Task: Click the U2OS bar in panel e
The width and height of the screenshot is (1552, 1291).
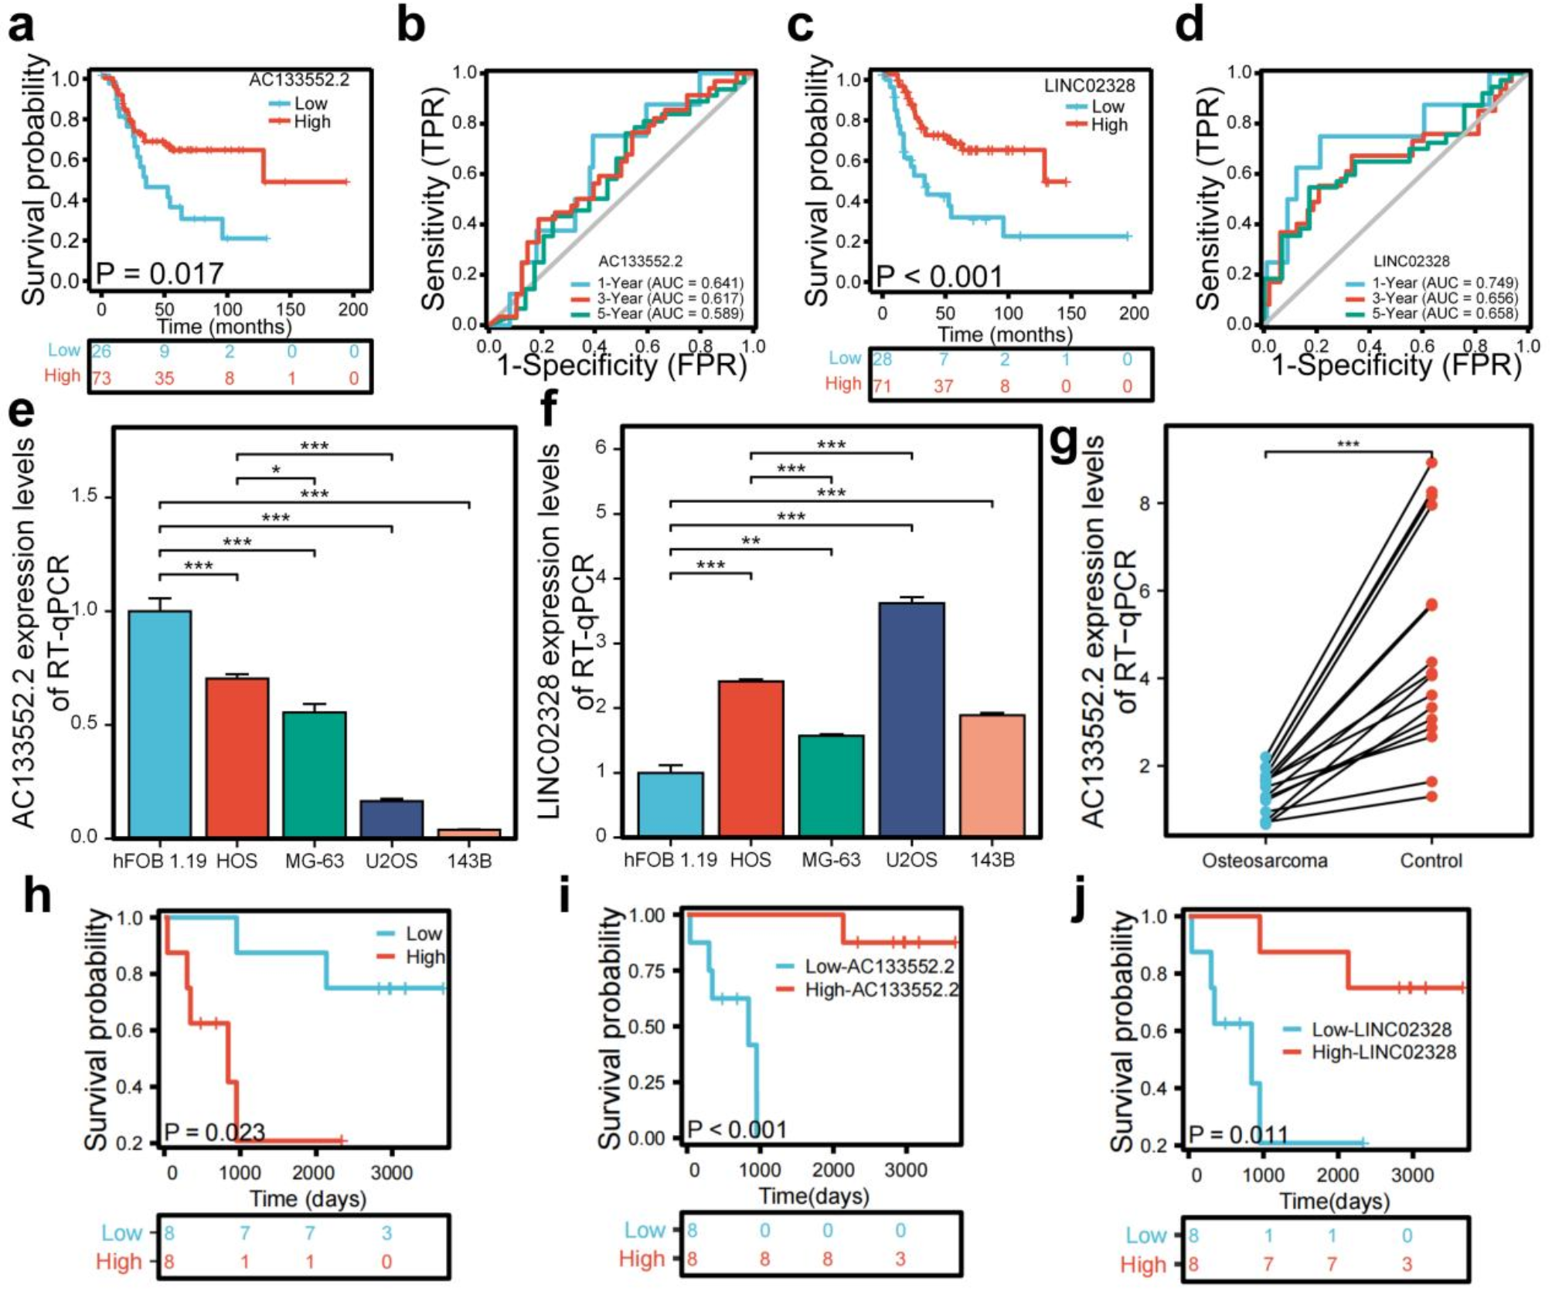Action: (392, 818)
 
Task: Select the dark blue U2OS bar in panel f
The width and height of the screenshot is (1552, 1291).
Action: (911, 719)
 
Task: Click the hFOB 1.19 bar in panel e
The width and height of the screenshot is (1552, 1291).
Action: (160, 723)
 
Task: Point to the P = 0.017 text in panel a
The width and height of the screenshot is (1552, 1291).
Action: (159, 273)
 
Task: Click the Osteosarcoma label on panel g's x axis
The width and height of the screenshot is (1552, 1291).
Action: (1264, 861)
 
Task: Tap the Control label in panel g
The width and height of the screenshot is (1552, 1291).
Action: (1431, 861)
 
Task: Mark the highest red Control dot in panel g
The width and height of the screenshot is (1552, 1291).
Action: (1431, 463)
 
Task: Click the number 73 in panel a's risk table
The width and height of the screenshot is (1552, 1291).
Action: (101, 379)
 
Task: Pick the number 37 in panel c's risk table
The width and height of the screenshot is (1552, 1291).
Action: (943, 386)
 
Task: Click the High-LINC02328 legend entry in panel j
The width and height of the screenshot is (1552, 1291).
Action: (1383, 1052)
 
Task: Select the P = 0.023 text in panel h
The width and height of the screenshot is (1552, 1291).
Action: (215, 1133)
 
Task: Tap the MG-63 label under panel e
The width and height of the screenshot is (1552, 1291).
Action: (314, 861)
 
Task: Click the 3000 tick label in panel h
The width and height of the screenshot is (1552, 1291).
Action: (391, 1173)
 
